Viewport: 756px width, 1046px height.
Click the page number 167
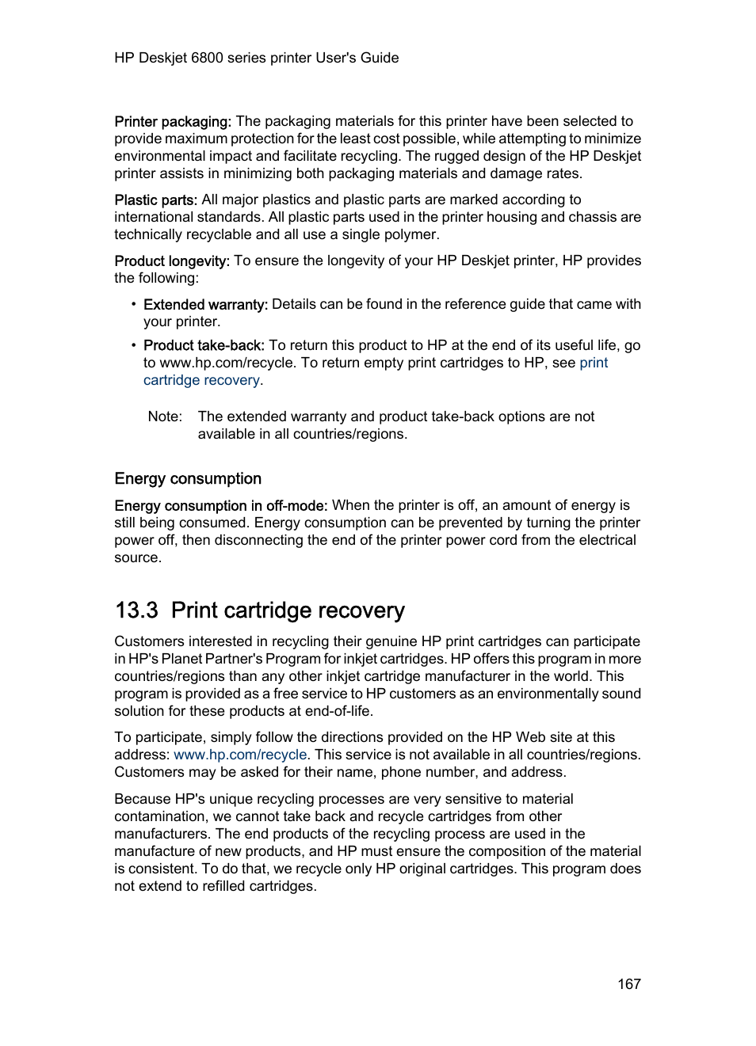tap(628, 983)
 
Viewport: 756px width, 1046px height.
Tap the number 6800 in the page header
tap(207, 58)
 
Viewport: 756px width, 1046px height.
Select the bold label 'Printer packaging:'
tap(173, 121)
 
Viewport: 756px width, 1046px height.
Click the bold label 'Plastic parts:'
tap(155, 200)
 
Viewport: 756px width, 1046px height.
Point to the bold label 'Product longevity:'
tap(172, 261)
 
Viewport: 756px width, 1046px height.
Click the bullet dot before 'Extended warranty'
tap(134, 304)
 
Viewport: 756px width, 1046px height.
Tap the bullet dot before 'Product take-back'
tap(134, 345)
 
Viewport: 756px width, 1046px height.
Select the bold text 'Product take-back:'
tap(204, 345)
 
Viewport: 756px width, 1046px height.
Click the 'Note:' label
tap(165, 416)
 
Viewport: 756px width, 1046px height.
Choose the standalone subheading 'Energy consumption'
tap(188, 478)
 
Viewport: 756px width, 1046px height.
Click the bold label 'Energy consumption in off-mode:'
tap(220, 505)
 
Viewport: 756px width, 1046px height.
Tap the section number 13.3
tap(136, 610)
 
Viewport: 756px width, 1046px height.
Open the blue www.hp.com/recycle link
tap(240, 755)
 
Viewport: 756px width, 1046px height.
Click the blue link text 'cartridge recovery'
tap(201, 380)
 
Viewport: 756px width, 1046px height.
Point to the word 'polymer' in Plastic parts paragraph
tap(412, 234)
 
